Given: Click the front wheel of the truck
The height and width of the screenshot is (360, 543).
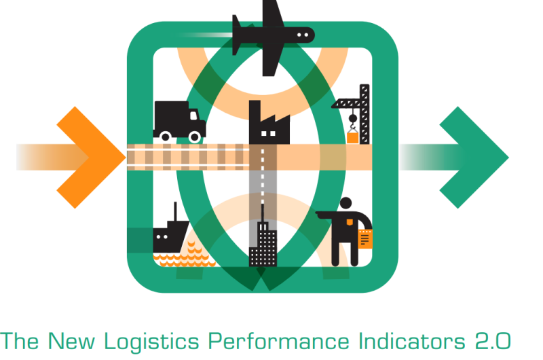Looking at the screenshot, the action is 195,137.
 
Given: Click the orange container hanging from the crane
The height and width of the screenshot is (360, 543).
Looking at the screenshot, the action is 352,138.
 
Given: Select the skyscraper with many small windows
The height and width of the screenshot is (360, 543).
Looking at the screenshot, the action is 263,242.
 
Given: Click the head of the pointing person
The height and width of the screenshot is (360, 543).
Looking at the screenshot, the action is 345,203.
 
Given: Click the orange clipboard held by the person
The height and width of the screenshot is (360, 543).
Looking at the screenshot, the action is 365,238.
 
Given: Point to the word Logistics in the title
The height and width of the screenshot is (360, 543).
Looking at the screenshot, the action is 151,342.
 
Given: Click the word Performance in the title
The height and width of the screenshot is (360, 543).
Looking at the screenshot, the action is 278,341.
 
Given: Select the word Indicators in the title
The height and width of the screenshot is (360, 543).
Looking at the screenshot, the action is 412,341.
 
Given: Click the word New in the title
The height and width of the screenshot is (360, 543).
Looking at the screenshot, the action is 71,341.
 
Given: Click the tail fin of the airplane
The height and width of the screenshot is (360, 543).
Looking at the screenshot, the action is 236,35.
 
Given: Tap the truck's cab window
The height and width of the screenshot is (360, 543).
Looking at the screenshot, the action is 193,115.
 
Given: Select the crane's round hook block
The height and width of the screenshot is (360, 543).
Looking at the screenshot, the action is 352,118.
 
